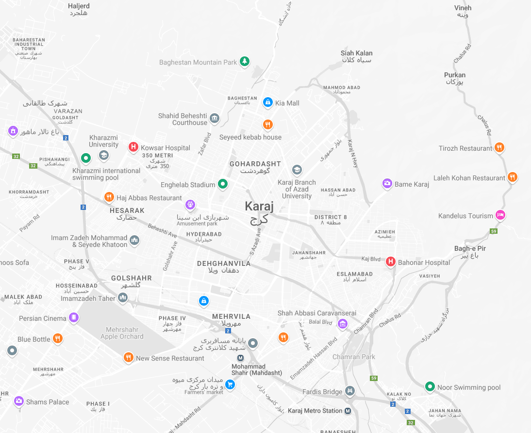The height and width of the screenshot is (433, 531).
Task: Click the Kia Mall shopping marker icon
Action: (x=267, y=102)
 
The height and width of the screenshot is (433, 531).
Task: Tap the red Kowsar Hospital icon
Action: (x=133, y=147)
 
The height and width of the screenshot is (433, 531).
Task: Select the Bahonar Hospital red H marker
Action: (x=390, y=262)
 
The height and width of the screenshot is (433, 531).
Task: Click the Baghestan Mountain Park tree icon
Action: (x=245, y=62)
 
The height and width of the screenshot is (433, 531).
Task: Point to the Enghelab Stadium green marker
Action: (x=222, y=184)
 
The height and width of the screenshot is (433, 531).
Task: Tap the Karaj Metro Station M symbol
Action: (x=348, y=411)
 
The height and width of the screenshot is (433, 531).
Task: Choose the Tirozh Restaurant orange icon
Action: (x=499, y=148)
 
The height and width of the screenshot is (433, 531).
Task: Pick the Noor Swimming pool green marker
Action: (x=429, y=387)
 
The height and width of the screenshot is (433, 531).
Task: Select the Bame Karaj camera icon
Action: (x=387, y=183)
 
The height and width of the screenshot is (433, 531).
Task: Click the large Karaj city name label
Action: (x=259, y=207)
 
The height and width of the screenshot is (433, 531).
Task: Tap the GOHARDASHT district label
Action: (x=255, y=164)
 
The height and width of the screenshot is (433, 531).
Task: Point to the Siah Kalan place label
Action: (x=357, y=53)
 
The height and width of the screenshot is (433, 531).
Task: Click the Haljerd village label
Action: (x=79, y=6)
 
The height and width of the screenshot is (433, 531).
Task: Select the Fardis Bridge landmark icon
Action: (x=350, y=391)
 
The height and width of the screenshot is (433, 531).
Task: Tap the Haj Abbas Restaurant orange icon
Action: (x=109, y=197)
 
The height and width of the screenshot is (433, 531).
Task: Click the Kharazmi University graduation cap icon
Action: (x=103, y=155)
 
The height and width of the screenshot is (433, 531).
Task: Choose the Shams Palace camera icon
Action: (x=19, y=401)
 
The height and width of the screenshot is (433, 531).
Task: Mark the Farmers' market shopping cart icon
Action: (x=230, y=385)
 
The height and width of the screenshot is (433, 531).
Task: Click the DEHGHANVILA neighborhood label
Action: (x=224, y=263)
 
